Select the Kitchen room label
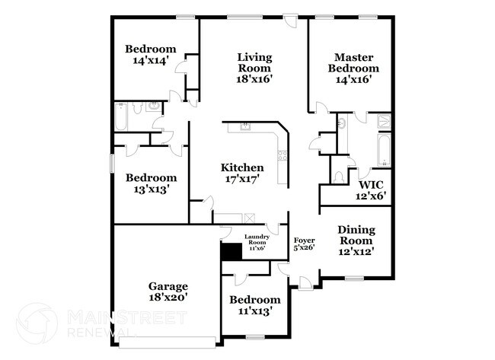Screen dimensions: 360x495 [242, 168]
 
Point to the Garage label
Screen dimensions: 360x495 [168, 286]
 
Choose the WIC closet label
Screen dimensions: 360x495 [371, 184]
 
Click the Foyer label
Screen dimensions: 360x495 [305, 241]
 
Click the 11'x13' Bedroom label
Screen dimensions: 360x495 [254, 300]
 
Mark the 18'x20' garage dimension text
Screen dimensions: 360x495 [168, 298]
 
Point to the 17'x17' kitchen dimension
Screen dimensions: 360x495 [242, 180]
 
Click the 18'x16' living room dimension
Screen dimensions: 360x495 [254, 78]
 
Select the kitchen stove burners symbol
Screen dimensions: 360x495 [283, 157]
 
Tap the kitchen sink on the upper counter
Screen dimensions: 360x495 [244, 127]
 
